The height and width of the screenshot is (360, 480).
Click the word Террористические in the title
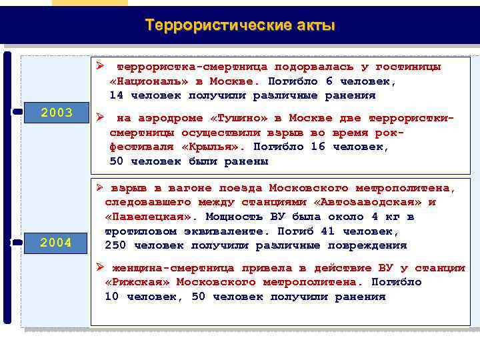[x=217, y=26]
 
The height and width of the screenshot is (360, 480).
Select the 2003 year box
[x=57, y=113]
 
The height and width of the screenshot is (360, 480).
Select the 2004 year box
[x=57, y=243]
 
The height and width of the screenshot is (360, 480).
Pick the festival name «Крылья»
[x=207, y=147]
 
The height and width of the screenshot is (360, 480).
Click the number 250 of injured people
[x=116, y=245]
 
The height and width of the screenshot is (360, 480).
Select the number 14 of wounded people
[x=117, y=95]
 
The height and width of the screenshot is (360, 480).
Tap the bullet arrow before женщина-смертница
[x=98, y=267]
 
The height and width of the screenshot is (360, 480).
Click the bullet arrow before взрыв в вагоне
[x=98, y=187]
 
